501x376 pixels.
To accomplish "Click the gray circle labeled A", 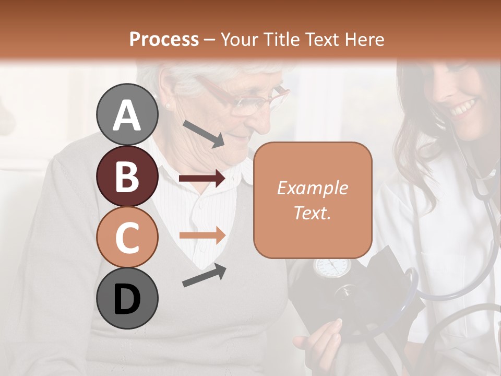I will (x=127, y=114).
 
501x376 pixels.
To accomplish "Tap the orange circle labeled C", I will (x=127, y=237).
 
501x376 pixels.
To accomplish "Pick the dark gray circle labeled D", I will (x=127, y=298).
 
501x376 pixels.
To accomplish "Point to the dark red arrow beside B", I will (x=202, y=179).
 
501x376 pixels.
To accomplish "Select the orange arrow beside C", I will (x=202, y=235).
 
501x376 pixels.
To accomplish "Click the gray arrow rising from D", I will (x=204, y=275).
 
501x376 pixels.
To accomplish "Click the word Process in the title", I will (x=164, y=39).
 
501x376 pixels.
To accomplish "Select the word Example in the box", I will (x=312, y=188).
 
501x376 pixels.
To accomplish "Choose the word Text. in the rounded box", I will (x=312, y=213).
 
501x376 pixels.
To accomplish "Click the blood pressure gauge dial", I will (x=331, y=267).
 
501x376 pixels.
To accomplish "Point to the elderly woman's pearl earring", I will (x=168, y=106).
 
